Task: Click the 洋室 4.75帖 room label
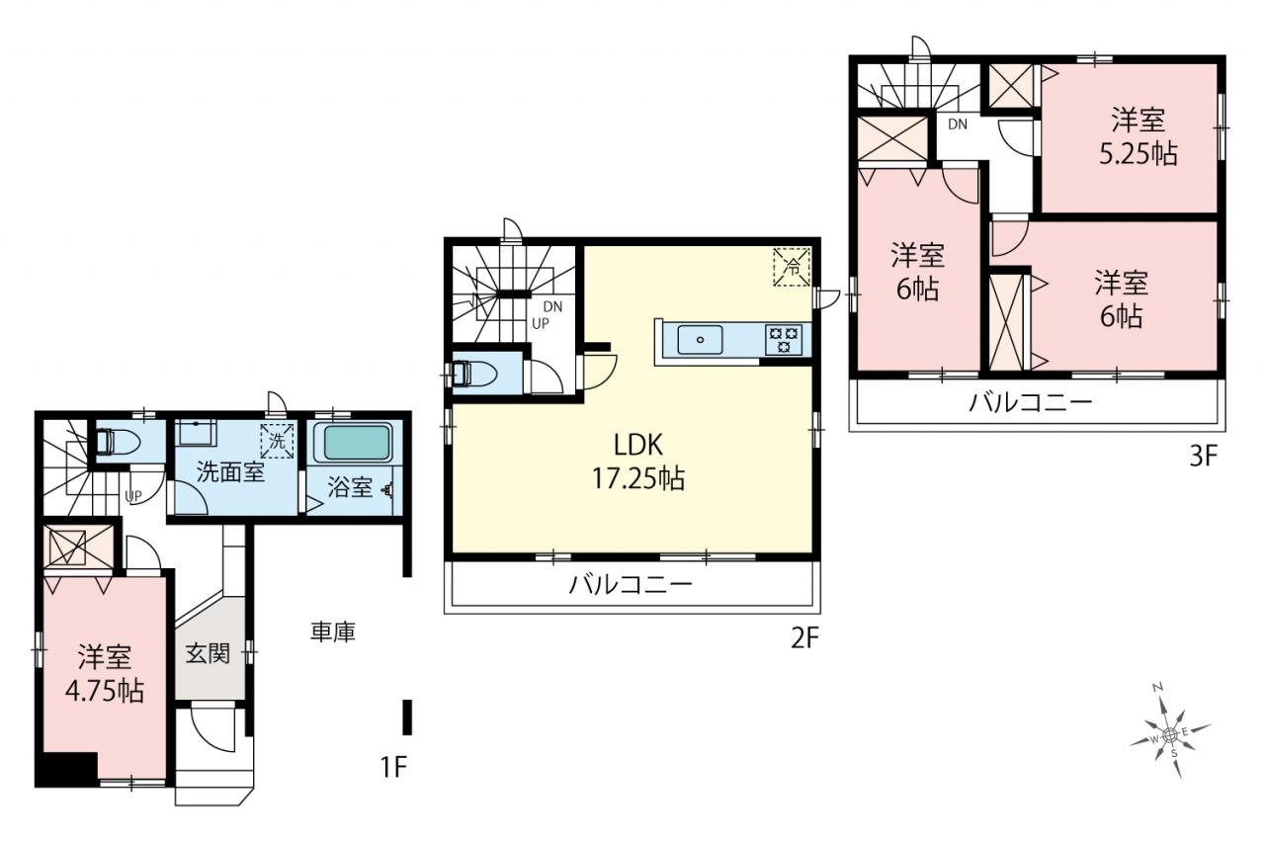point(105,673)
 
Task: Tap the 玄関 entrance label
point(208,653)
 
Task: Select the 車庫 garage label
point(333,632)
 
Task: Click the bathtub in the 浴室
point(354,442)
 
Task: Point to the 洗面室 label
point(230,471)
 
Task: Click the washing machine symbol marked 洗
point(277,441)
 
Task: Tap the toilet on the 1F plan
point(118,442)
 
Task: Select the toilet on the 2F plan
point(475,374)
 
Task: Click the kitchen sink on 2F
point(700,339)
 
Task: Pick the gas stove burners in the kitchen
point(784,339)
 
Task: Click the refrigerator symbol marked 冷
point(792,267)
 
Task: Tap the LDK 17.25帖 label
point(638,462)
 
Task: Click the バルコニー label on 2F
point(630,584)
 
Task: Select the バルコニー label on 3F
point(1031,402)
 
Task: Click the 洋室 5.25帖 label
point(1138,136)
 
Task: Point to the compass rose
point(1170,734)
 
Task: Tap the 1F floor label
point(393,767)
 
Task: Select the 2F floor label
point(804,638)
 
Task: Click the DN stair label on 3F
point(958,125)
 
